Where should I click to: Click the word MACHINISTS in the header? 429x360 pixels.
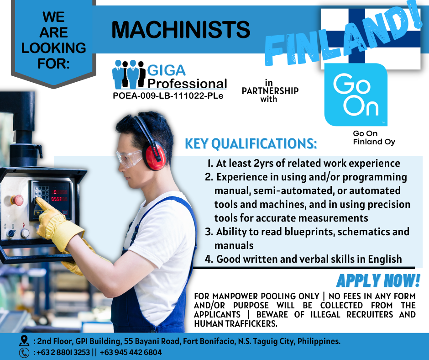[x=181, y=30]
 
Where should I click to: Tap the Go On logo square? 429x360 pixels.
[x=356, y=95]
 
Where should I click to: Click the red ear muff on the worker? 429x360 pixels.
[x=155, y=157]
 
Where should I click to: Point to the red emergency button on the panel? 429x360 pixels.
[x=17, y=200]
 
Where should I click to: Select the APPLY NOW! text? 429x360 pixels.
[x=378, y=281]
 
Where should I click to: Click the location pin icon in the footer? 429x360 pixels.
[x=24, y=341]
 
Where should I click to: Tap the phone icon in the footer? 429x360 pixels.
[x=24, y=353]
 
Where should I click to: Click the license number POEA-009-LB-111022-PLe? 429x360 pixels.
[x=168, y=96]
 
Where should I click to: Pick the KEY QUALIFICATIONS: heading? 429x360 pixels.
[x=251, y=143]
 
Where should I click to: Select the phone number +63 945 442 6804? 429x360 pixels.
[x=131, y=352]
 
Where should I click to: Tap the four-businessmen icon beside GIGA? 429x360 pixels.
[x=129, y=74]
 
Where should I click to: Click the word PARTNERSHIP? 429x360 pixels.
[x=270, y=90]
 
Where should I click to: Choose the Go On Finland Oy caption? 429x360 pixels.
[x=374, y=138]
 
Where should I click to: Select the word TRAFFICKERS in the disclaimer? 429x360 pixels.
[x=251, y=323]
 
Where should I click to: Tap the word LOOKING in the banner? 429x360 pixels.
[x=54, y=48]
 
